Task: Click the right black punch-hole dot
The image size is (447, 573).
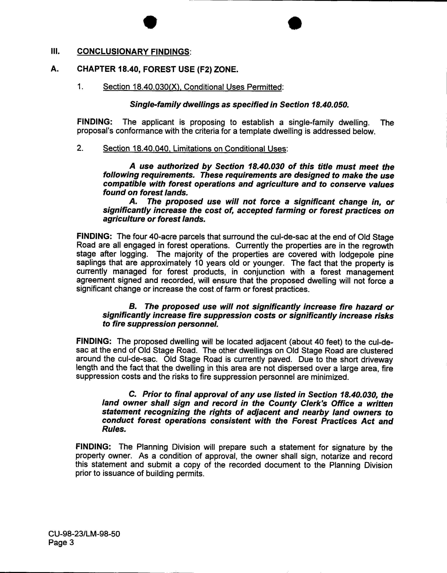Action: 295,23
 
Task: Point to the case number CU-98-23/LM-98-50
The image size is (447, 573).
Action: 84,534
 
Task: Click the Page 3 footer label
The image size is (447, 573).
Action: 61,542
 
